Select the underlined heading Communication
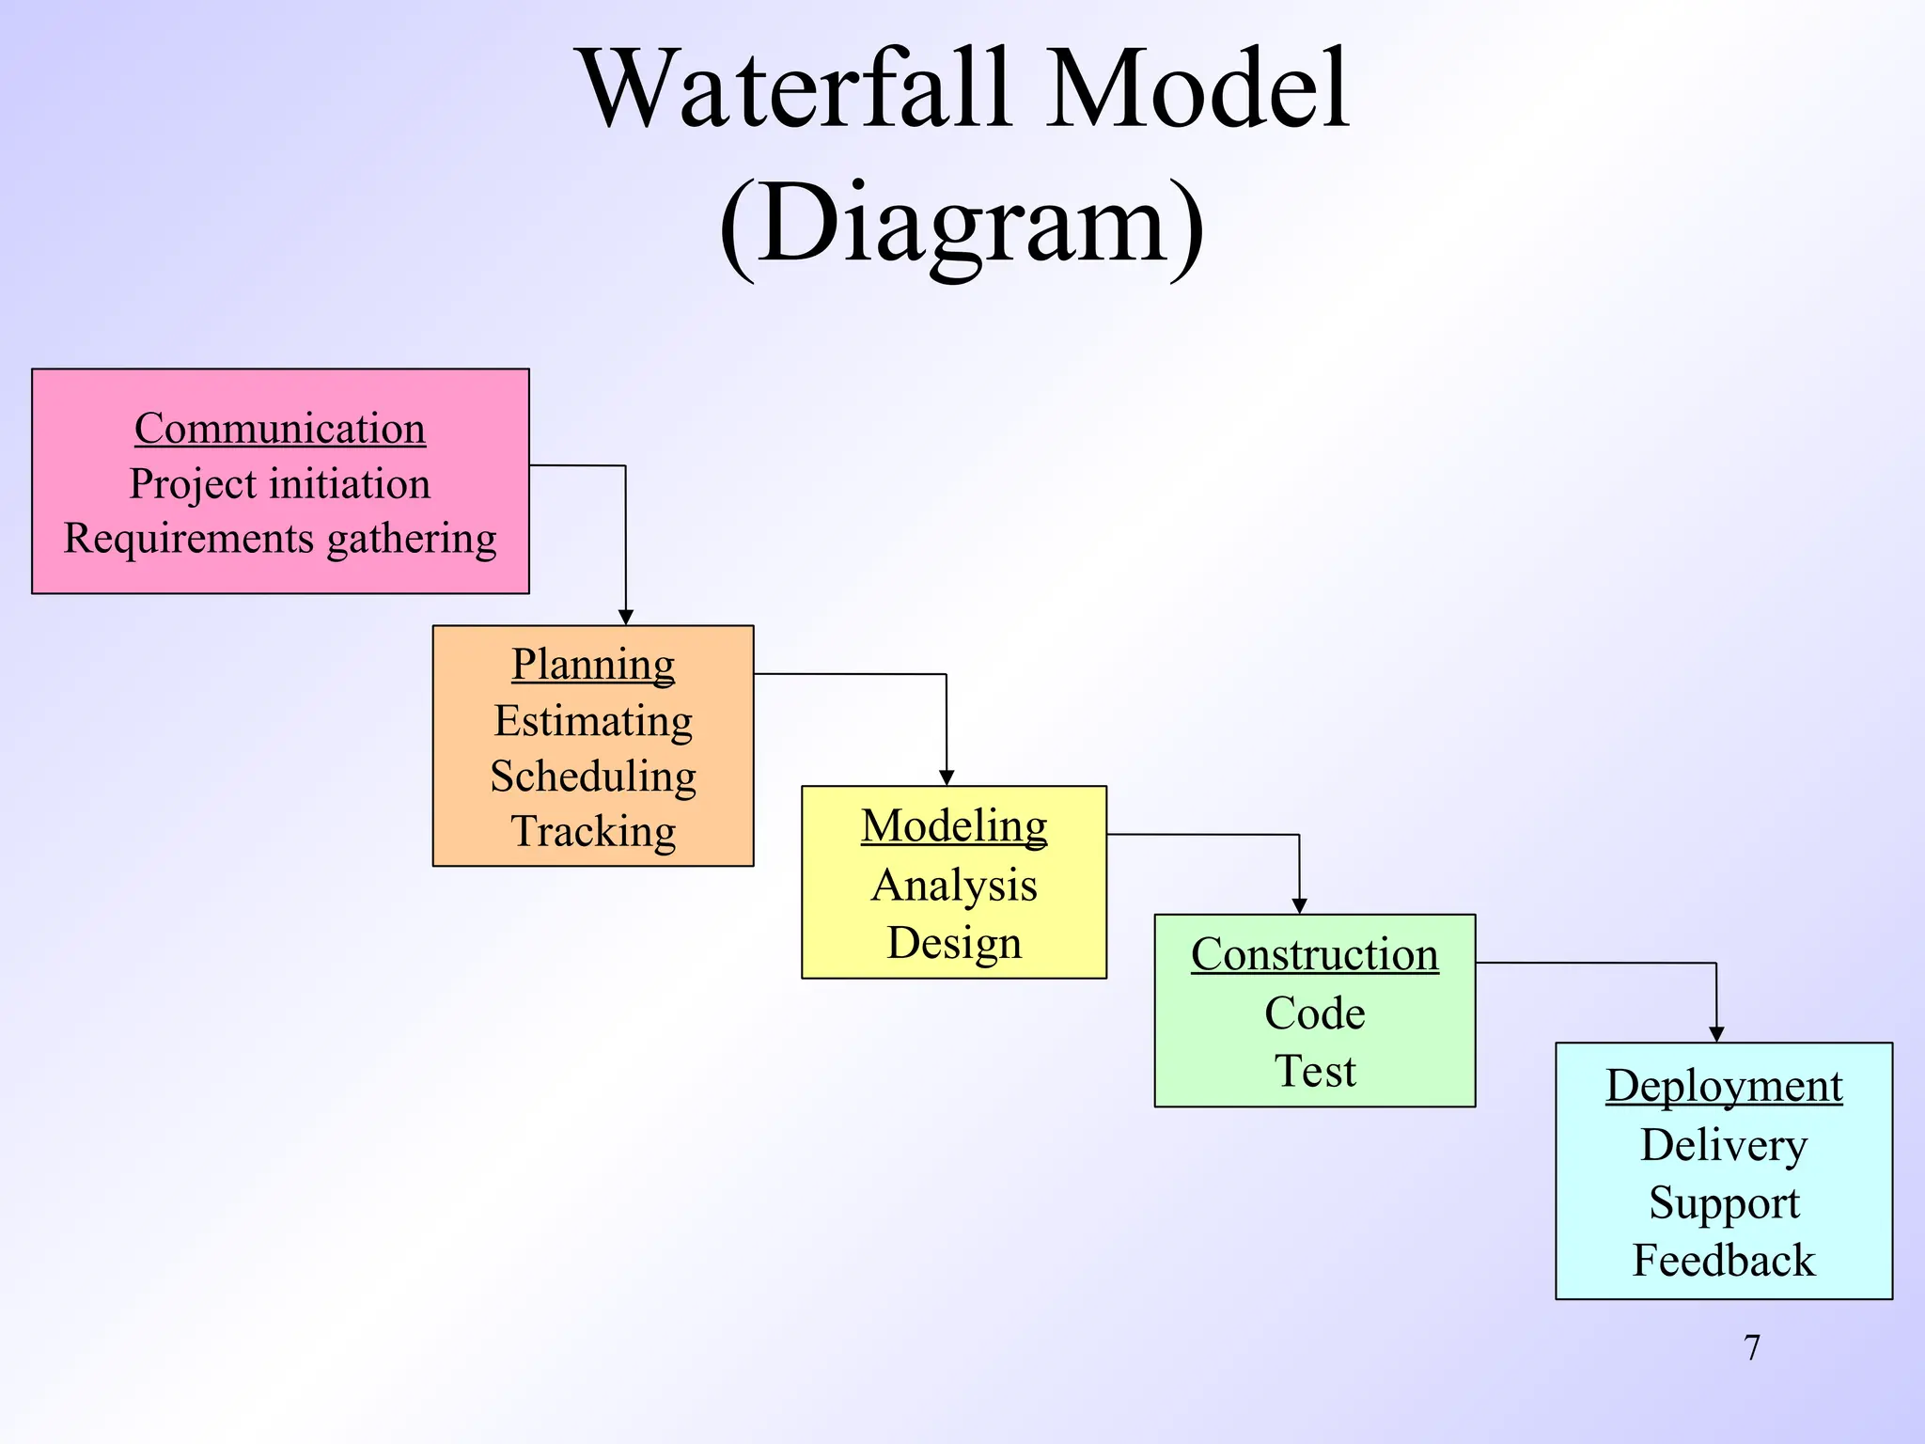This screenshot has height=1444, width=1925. coord(280,429)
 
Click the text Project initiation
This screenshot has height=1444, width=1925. coord(280,484)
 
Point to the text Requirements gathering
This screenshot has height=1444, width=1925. coord(280,540)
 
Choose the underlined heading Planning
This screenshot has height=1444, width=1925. coord(593,665)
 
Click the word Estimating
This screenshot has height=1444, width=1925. coord(593,721)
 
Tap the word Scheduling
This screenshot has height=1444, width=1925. coord(593,777)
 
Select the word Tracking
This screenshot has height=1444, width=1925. coord(593,832)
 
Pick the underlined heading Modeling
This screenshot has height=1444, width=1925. coord(954,826)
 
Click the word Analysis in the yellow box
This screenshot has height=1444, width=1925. coord(954,886)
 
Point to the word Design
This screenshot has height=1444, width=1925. coord(954,943)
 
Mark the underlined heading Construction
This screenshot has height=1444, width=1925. coord(1314,955)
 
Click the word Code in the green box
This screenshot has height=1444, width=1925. coord(1314,1013)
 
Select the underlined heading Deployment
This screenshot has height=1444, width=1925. coord(1723,1086)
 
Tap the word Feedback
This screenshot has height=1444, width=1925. coord(1723,1261)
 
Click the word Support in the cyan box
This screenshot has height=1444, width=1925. coord(1723,1203)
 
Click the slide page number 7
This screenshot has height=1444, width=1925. coord(1751,1347)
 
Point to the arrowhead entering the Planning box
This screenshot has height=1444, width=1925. coord(626,618)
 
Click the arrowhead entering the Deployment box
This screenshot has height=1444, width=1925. coord(1716,1034)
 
